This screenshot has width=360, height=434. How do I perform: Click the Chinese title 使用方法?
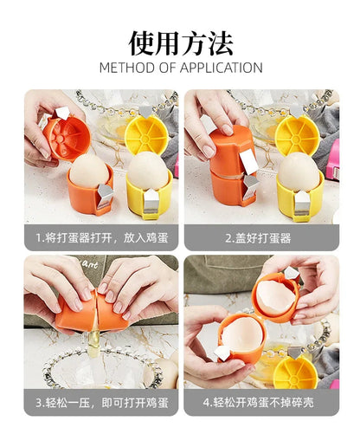tap(180, 42)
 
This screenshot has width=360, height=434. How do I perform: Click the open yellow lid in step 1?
tap(145, 133)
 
